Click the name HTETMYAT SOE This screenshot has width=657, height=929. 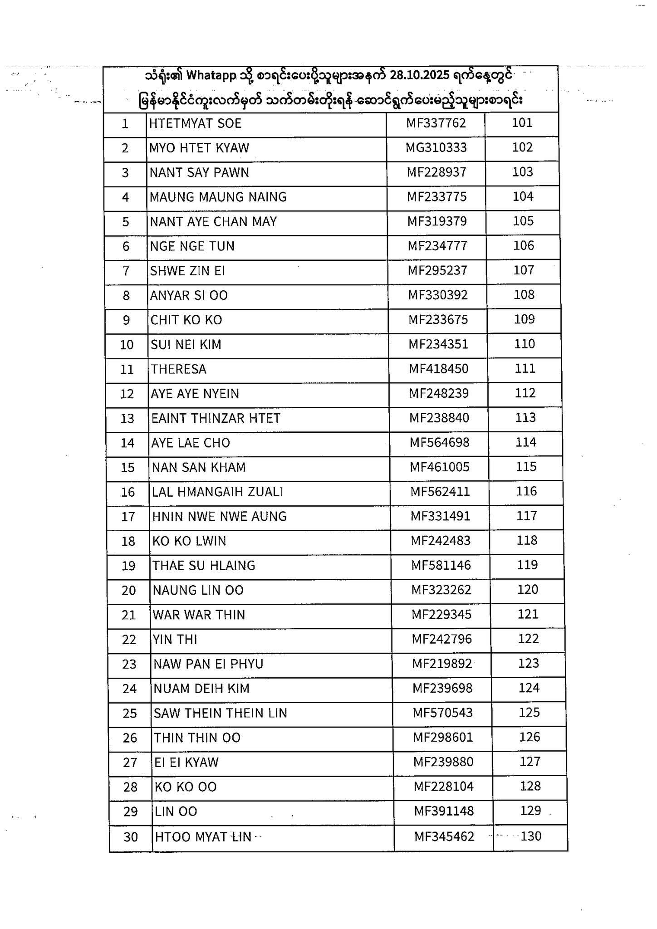(195, 123)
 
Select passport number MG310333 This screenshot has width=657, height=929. (436, 147)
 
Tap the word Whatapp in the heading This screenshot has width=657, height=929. (211, 75)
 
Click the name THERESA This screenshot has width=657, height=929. (179, 369)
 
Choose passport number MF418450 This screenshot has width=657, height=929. (439, 368)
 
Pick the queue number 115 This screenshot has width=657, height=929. (526, 467)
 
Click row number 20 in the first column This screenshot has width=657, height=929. (128, 590)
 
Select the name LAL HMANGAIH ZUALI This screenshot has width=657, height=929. (217, 492)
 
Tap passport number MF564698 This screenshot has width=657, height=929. (440, 442)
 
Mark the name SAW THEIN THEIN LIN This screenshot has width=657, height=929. (221, 713)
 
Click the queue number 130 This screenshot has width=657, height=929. (531, 836)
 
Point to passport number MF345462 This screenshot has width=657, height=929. (444, 836)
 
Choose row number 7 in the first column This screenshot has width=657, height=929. (126, 271)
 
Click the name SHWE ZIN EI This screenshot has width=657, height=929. (187, 271)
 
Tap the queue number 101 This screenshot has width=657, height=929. (522, 123)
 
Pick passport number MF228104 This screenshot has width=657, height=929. (443, 787)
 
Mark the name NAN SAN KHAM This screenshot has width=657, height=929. (199, 467)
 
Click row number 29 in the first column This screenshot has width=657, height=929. (130, 812)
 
